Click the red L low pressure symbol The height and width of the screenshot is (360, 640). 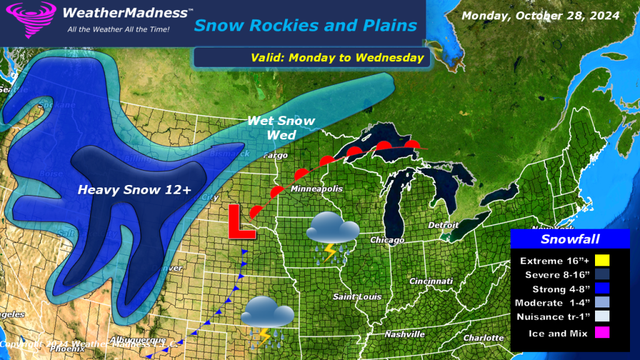[x=241, y=221]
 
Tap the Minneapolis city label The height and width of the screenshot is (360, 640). [x=316, y=188]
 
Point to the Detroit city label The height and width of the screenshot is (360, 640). [x=443, y=225]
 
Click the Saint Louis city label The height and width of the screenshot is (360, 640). [x=357, y=296]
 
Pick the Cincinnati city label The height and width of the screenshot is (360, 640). [x=431, y=281]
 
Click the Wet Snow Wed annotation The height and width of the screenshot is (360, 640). [x=281, y=127]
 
